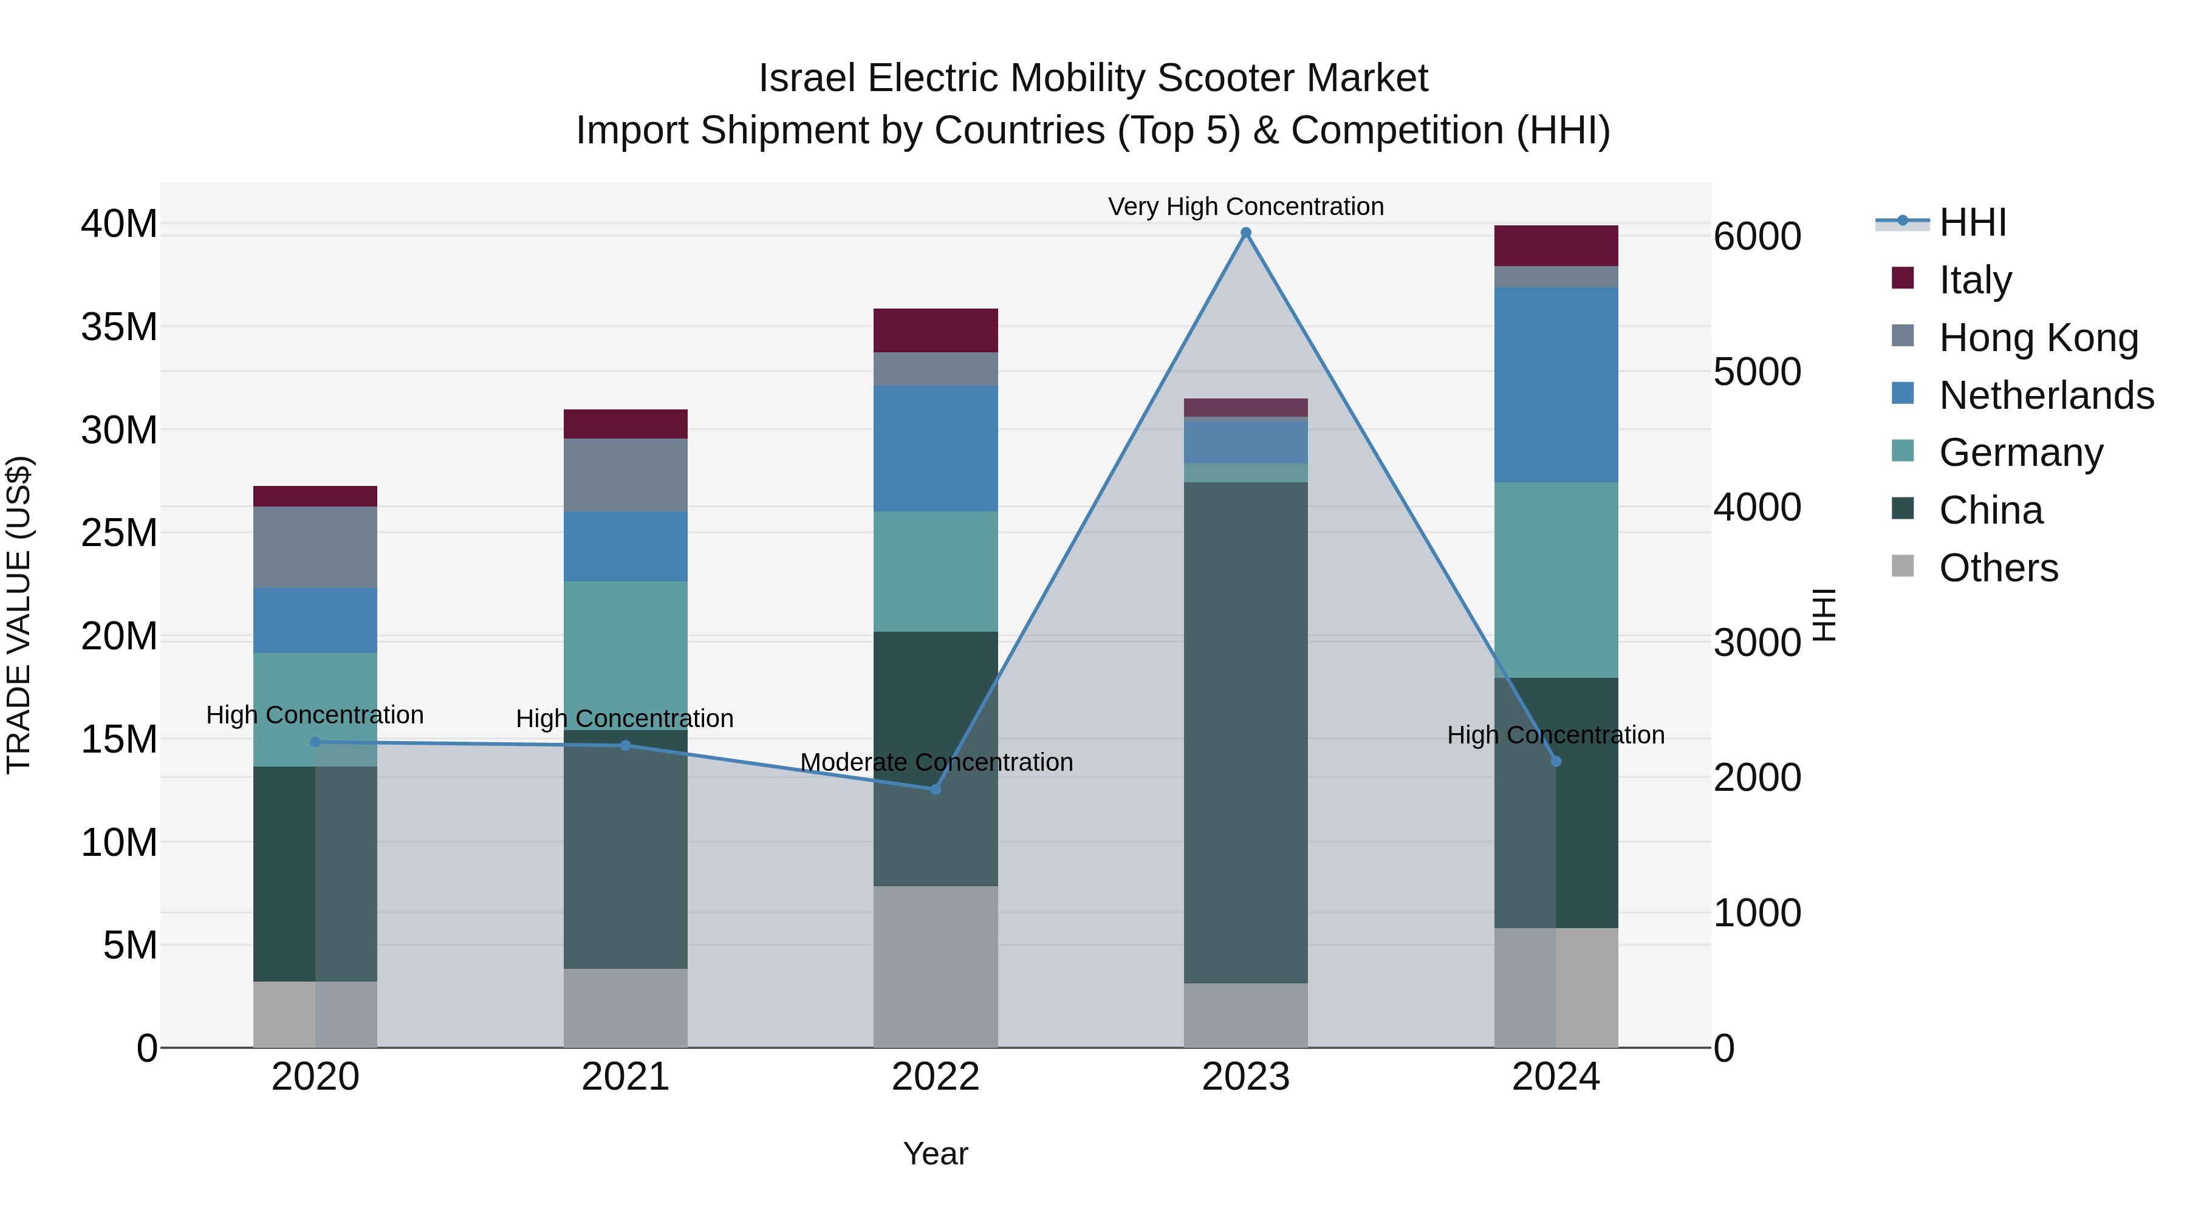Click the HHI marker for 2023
click(1245, 233)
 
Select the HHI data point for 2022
click(936, 790)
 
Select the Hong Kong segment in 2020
click(315, 547)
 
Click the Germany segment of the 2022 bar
click(936, 572)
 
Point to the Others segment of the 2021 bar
click(626, 1008)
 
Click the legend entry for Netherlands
click(2046, 395)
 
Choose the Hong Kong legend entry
click(2038, 338)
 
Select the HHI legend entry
click(1972, 222)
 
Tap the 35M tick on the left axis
click(119, 327)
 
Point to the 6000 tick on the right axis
click(1756, 237)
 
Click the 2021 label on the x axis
click(626, 1077)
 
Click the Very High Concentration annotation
click(1245, 207)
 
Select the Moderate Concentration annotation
click(936, 762)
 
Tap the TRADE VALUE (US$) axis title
click(19, 615)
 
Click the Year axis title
click(936, 1153)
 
